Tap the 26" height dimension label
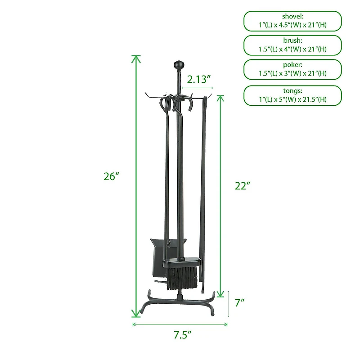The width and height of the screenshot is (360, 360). click(111, 176)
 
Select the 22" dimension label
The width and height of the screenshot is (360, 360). click(243, 186)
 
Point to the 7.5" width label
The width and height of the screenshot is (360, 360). click(182, 335)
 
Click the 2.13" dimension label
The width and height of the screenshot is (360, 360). click(198, 80)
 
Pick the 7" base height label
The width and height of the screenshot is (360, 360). click(239, 302)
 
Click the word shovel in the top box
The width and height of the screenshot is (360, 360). click(293, 16)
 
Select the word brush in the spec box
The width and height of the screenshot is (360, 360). click(293, 40)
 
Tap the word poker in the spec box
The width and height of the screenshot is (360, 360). click(293, 65)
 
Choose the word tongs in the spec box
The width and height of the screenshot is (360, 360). click(293, 91)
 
